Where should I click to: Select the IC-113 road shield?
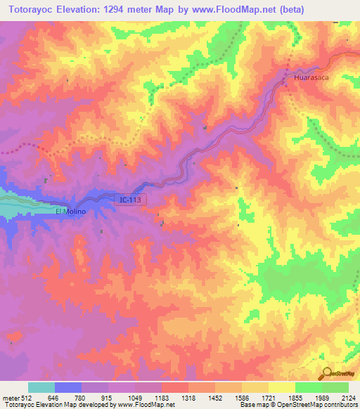tap(130, 200)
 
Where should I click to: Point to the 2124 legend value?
tap(348, 398)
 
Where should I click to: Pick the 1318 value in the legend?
tap(188, 398)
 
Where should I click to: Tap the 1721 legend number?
tap(268, 398)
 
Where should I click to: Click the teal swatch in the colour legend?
tap(41, 387)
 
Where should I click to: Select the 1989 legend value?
tap(321, 398)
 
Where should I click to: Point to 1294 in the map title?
tap(120, 10)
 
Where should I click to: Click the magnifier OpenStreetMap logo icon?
tap(326, 372)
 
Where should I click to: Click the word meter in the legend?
tap(9, 398)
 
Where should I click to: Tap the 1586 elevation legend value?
tap(241, 398)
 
